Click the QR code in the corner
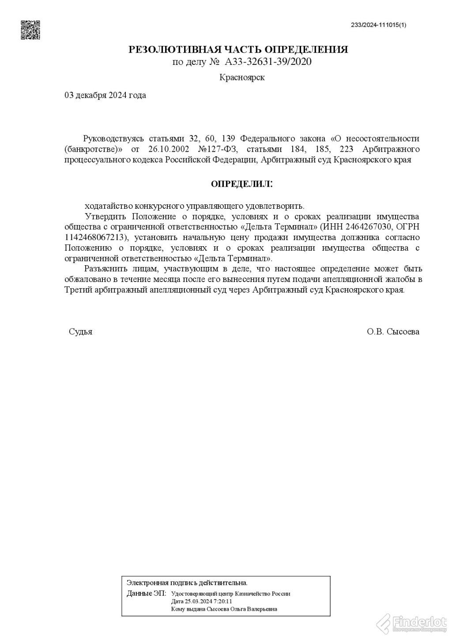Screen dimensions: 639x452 click(x=30, y=30)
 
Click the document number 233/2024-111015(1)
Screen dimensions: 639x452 click(x=378, y=25)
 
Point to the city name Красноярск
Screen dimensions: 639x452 click(x=242, y=78)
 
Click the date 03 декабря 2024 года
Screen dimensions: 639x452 click(x=105, y=95)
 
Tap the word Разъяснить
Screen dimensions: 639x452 click(x=104, y=269)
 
